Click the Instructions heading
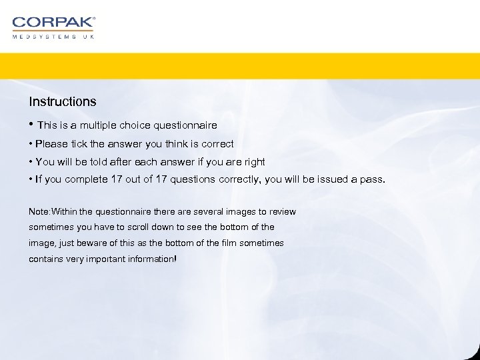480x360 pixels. (62, 102)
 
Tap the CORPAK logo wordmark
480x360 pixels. (53, 23)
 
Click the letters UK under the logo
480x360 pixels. (89, 37)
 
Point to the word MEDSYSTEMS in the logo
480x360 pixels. (43, 37)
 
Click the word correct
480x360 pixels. (217, 143)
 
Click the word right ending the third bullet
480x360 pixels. (253, 161)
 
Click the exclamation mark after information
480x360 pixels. (175, 259)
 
